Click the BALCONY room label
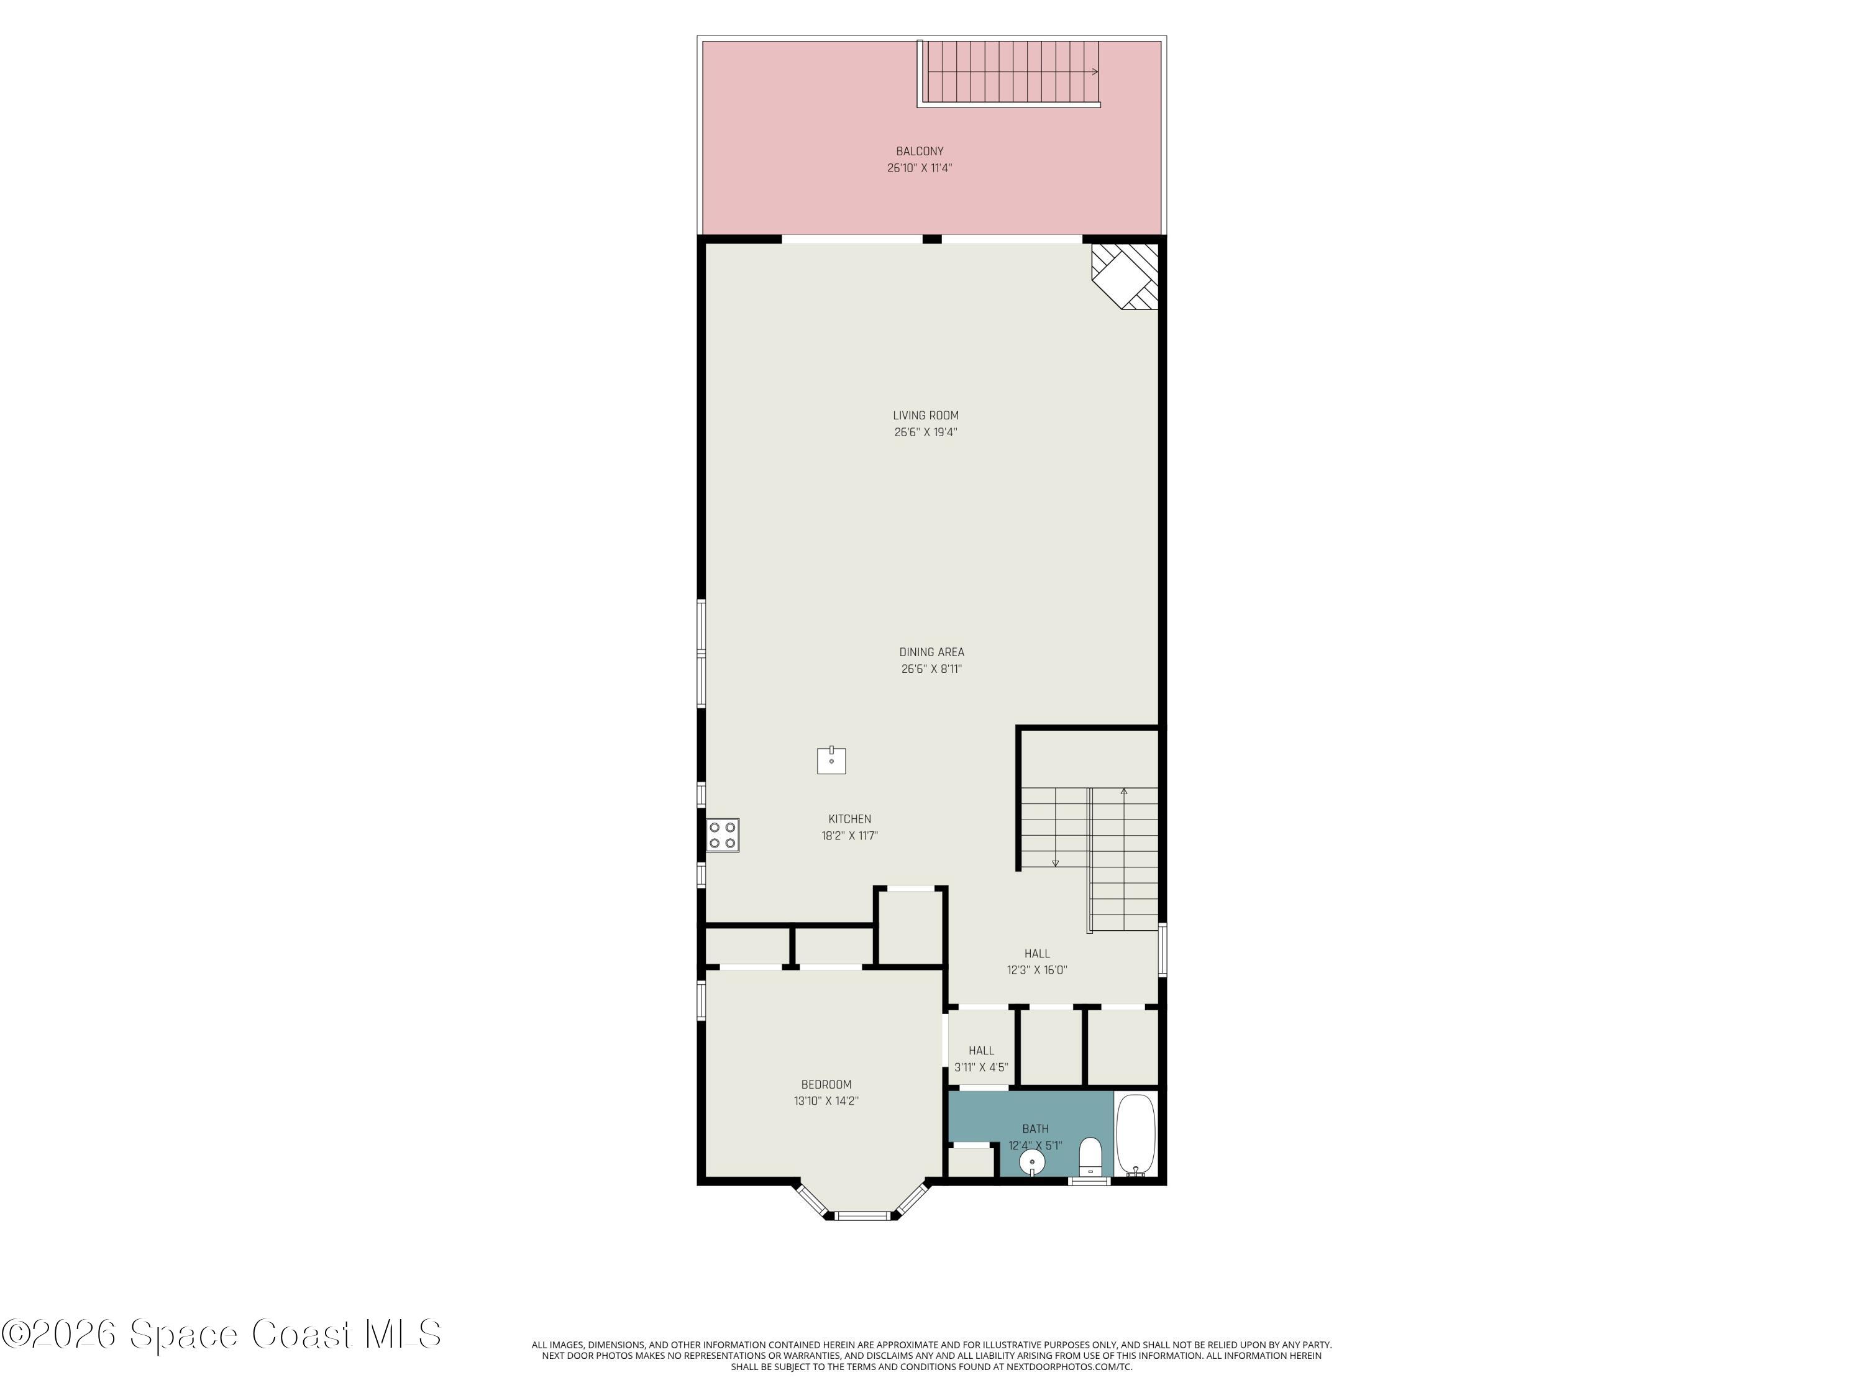click(920, 152)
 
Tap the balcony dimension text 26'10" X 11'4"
click(920, 168)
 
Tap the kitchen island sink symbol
click(831, 760)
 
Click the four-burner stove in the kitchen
click(722, 835)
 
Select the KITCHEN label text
click(849, 819)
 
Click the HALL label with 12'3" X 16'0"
click(1036, 954)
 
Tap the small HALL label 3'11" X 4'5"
click(981, 1051)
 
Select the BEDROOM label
click(826, 1084)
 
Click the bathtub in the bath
click(1136, 1134)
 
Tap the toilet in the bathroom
click(1090, 1156)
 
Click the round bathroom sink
click(1031, 1162)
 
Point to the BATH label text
click(1035, 1129)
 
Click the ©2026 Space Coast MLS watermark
click(221, 1334)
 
